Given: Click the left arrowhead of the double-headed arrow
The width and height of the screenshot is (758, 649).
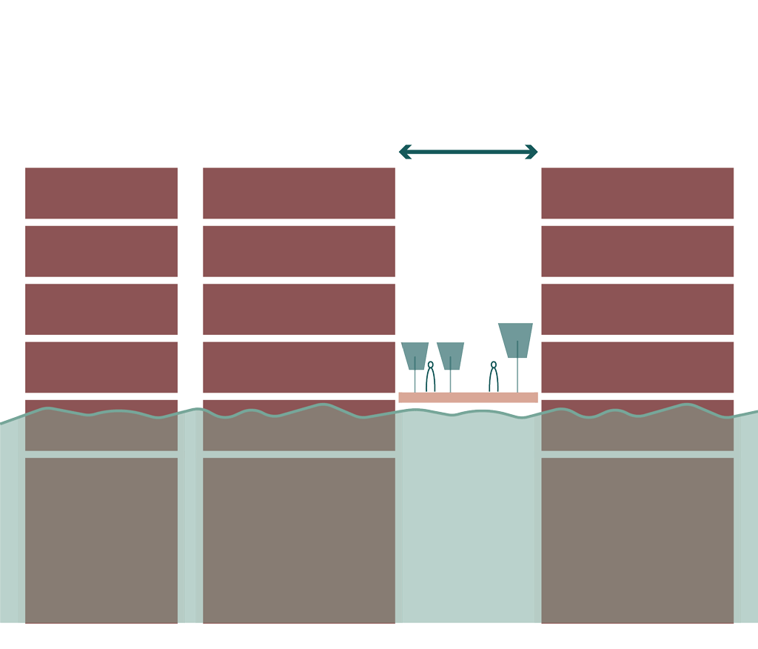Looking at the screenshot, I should (x=404, y=152).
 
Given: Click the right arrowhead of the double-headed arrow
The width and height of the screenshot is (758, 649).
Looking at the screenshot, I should (x=532, y=152).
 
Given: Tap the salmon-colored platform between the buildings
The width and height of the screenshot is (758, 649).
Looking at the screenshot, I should (x=468, y=397).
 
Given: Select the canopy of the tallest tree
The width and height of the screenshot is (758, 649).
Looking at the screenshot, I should (x=515, y=339).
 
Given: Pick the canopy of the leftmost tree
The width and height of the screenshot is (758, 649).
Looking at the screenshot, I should (x=415, y=354).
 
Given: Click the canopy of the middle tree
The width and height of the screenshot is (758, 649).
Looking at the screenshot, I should (x=450, y=354).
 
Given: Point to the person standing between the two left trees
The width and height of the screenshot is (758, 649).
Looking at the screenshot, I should (x=430, y=378).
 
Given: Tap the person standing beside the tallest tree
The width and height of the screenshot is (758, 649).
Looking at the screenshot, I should (x=494, y=378).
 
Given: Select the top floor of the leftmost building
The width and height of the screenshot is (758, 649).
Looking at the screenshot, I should (x=101, y=193).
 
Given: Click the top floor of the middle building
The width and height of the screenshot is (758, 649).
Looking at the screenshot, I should (x=298, y=193).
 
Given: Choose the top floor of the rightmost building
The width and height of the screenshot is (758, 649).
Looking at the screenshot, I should (x=637, y=193).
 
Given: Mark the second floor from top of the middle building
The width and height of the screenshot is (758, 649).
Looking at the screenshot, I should (x=298, y=251).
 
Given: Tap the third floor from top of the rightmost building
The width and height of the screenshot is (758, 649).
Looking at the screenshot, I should (x=637, y=309).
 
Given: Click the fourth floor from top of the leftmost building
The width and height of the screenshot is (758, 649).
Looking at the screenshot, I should (x=101, y=367).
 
